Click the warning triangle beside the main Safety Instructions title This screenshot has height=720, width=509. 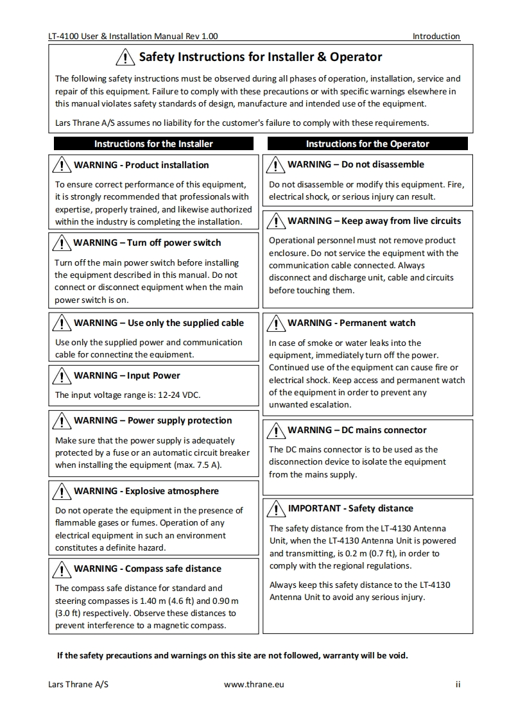(x=125, y=58)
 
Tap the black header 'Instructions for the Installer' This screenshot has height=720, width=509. (x=153, y=144)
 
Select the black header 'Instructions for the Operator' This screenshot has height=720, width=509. (x=367, y=144)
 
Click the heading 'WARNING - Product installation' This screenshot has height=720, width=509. (x=141, y=165)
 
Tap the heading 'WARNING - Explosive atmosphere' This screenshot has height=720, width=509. (x=146, y=491)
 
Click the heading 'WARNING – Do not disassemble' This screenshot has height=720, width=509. (x=356, y=164)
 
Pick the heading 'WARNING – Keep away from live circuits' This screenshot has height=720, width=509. (x=374, y=221)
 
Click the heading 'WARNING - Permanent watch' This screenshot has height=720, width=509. (x=351, y=323)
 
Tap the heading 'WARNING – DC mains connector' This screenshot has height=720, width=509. (x=357, y=430)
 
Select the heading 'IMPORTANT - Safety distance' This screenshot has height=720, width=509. (x=350, y=508)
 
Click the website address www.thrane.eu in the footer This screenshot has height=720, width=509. (x=254, y=684)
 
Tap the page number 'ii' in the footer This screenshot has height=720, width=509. (x=458, y=684)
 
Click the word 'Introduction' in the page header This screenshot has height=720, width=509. (x=436, y=37)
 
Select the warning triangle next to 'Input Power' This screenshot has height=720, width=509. (x=62, y=376)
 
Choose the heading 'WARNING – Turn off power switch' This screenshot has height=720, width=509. (x=147, y=243)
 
